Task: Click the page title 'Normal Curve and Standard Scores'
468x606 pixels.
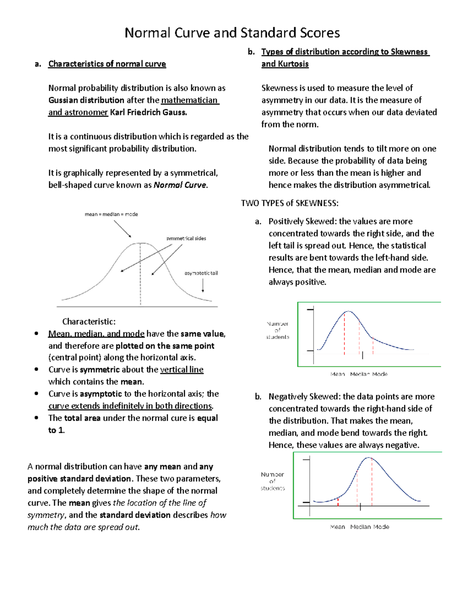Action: (232, 33)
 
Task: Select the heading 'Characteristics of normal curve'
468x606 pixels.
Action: (107, 64)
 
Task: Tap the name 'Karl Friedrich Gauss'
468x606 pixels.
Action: (148, 112)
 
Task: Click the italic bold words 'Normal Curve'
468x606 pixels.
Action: (180, 185)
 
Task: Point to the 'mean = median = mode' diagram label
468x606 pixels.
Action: (111, 214)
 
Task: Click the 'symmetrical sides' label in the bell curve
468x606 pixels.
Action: (186, 238)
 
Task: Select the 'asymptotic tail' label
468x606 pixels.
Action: (201, 273)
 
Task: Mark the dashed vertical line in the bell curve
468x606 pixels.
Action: (140, 273)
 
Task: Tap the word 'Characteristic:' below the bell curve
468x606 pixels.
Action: (89, 322)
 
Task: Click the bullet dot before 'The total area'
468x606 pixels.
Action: (36, 418)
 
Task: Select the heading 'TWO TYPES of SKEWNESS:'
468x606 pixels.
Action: (290, 203)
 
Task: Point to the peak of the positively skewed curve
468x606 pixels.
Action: (349, 311)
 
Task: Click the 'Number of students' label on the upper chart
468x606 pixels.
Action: (278, 330)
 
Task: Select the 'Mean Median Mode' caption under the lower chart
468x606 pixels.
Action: (359, 527)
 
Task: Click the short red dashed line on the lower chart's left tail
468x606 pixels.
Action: (338, 502)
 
